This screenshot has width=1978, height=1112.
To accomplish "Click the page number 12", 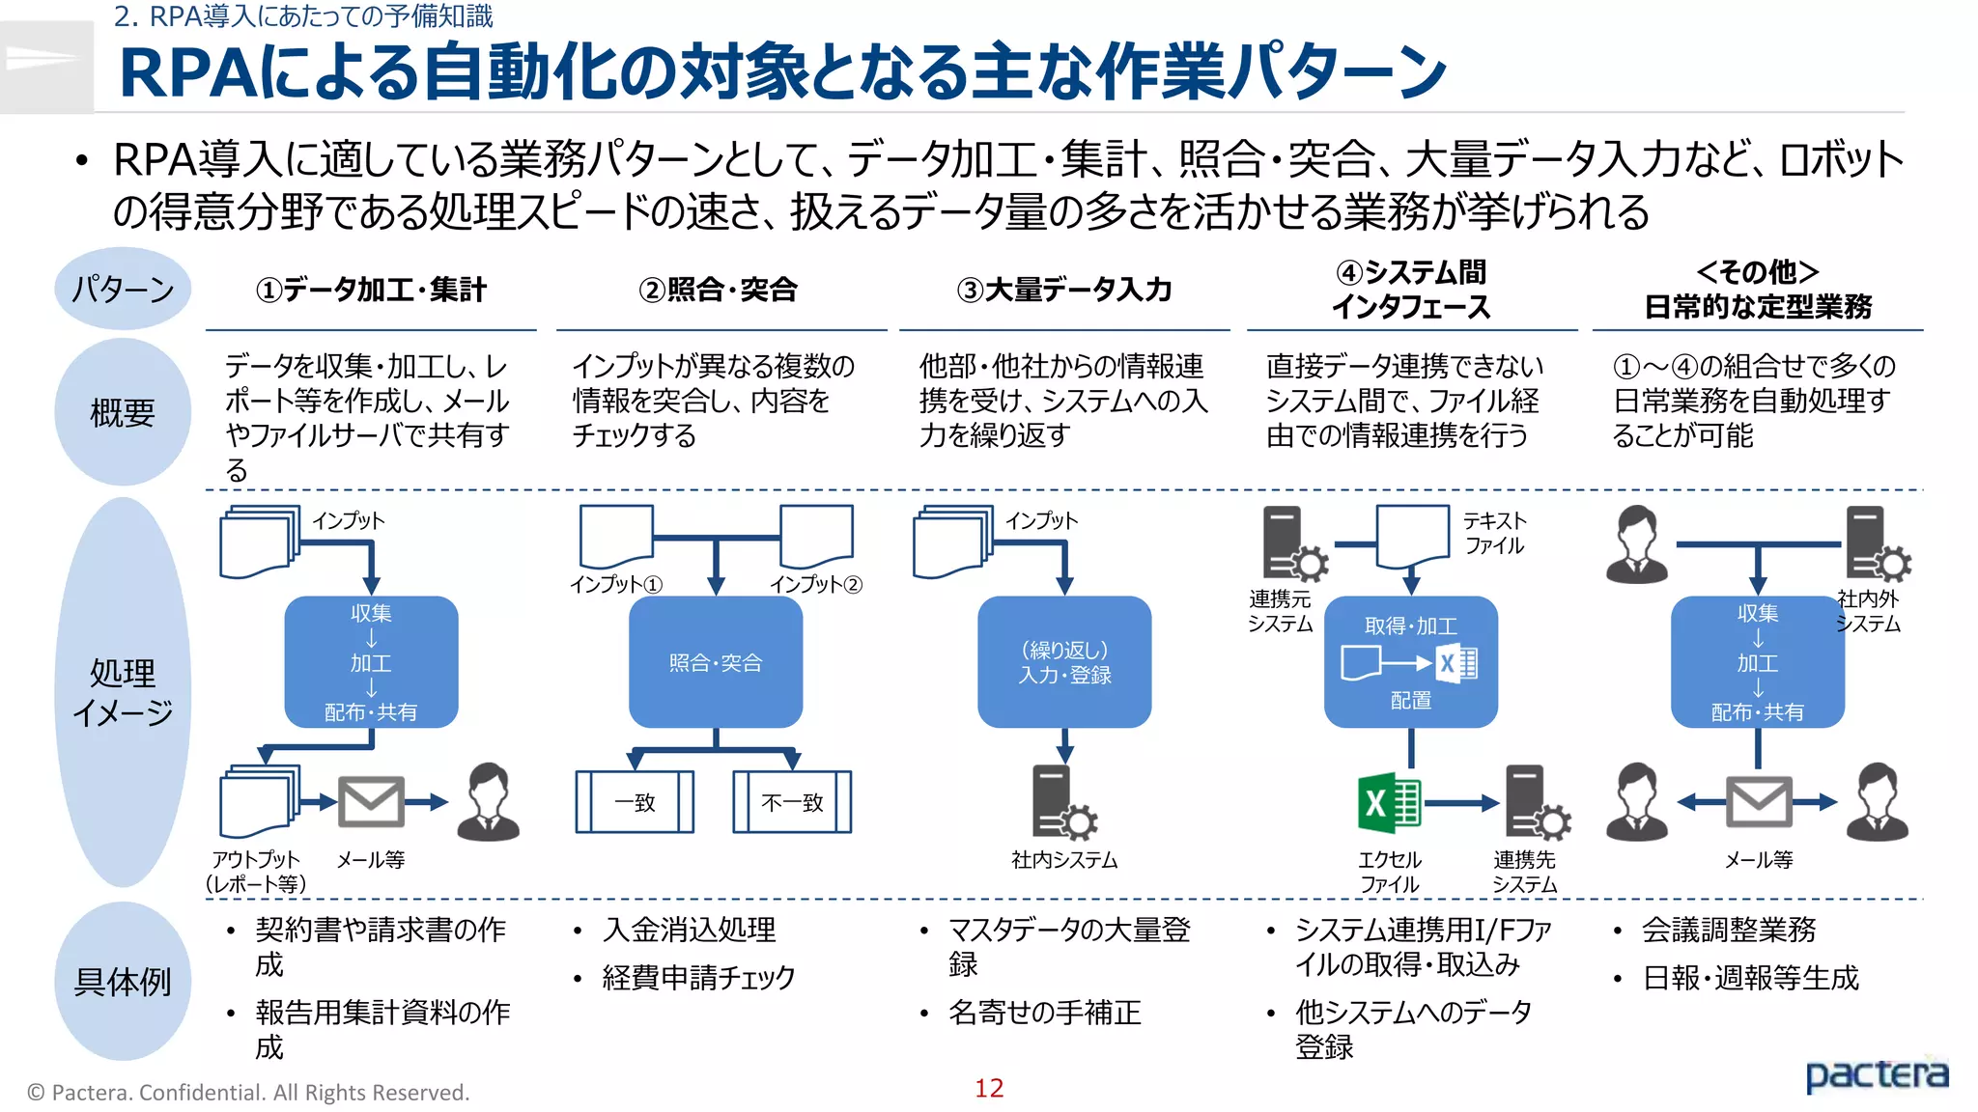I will [x=988, y=1088].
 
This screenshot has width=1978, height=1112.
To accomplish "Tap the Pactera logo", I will [x=1876, y=1074].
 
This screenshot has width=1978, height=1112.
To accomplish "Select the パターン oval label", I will [x=123, y=289].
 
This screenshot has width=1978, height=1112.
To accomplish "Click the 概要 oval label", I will [x=123, y=412].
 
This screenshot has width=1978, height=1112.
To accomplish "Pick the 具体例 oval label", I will [x=123, y=982].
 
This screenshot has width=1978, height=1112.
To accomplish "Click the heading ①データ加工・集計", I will [x=371, y=290].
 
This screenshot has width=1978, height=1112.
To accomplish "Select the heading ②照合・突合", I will [x=718, y=290].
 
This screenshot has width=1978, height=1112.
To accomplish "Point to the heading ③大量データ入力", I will [x=1064, y=290].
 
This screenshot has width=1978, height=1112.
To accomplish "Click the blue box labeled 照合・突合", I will [x=716, y=662].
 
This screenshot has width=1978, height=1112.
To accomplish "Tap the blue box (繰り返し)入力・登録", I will [x=1064, y=662].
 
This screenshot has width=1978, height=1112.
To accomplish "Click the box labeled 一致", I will [x=635, y=802].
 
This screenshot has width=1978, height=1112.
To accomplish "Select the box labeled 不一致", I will [x=792, y=802].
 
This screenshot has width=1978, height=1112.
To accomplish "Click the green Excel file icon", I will [x=1389, y=803].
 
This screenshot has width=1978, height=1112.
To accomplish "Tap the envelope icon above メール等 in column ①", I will [x=371, y=802].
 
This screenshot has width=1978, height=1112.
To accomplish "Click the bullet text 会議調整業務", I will [x=1729, y=930].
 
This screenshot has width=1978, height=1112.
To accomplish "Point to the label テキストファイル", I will [x=1494, y=533].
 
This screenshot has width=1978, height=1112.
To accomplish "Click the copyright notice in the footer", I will [x=248, y=1093].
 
